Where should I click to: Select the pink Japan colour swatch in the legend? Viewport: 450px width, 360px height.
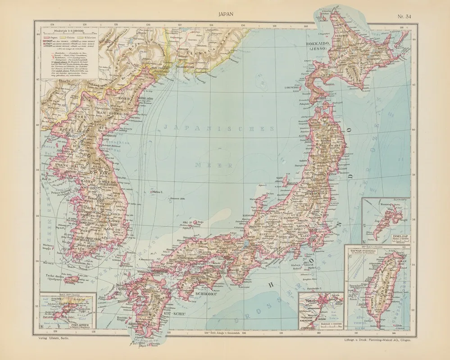click(45, 36)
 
